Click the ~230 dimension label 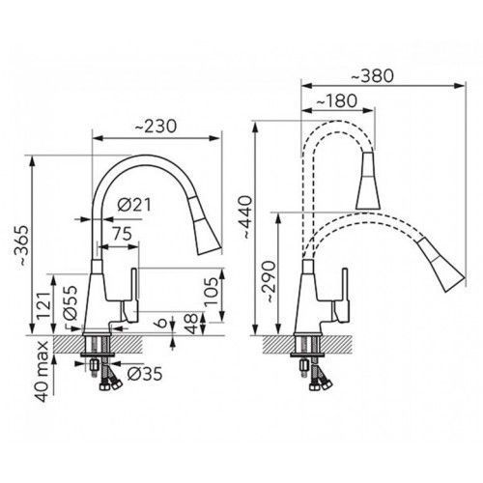point(156,127)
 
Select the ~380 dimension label point(372,75)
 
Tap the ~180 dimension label point(336,100)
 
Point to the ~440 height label point(246,216)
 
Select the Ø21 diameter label point(134,205)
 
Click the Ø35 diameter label point(145,374)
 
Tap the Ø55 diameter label point(71,302)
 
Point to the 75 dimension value point(122,234)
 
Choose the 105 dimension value point(212,292)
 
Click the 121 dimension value point(43,305)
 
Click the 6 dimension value point(163,323)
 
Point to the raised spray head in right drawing point(368,182)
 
